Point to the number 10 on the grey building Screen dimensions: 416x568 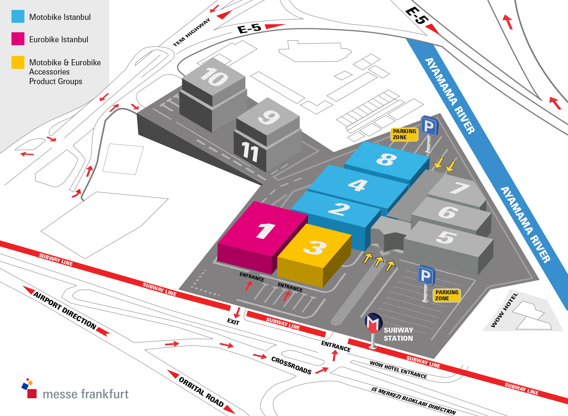click(x=214, y=77)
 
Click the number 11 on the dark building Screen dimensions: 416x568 click(x=250, y=152)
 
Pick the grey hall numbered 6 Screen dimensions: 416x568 click(x=448, y=213)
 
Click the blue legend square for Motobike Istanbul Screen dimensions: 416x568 click(x=18, y=16)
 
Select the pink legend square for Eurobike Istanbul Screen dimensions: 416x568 click(x=18, y=39)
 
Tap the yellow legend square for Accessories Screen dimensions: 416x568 click(x=18, y=62)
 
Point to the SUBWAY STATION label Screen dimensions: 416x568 click(x=398, y=334)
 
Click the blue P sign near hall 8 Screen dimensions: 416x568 click(x=429, y=126)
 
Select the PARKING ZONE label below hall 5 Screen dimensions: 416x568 click(x=447, y=295)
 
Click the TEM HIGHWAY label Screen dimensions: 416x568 click(x=191, y=33)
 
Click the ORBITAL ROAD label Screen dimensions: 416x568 click(x=201, y=392)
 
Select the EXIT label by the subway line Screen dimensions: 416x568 click(x=233, y=322)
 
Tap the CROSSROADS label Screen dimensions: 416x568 click(x=291, y=365)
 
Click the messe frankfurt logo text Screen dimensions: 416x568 click(x=85, y=394)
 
